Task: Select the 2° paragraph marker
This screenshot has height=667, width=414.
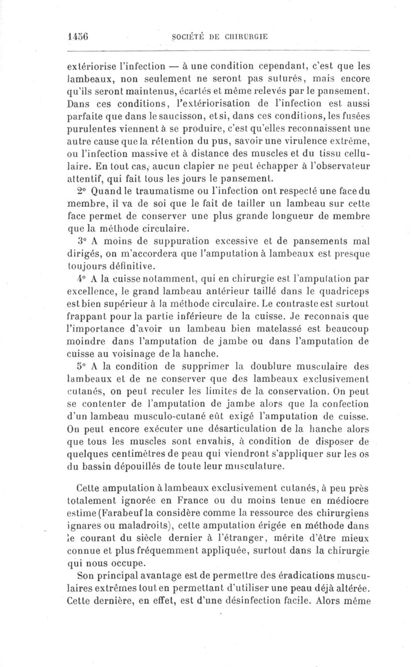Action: (x=83, y=191)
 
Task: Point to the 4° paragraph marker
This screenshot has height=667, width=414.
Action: (x=83, y=279)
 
